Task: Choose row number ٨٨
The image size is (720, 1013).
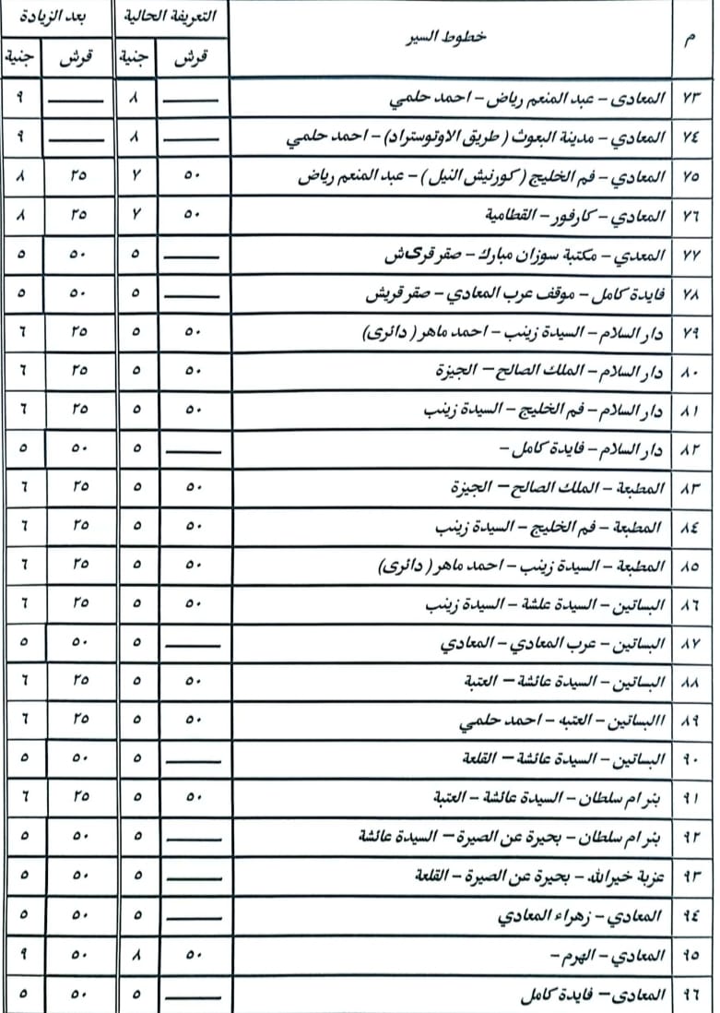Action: tap(692, 683)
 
